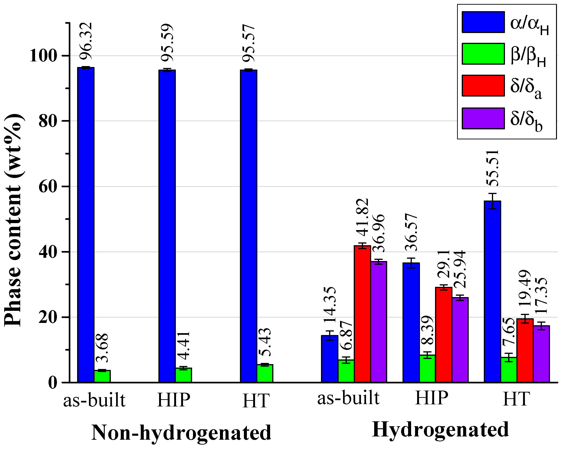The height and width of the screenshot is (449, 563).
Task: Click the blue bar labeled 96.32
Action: [86, 225]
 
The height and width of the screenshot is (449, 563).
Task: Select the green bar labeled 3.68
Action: [102, 376]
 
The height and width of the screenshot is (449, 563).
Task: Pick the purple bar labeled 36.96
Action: [379, 322]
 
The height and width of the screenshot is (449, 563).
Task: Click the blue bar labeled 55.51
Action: [492, 292]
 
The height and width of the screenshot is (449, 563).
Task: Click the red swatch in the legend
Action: [483, 86]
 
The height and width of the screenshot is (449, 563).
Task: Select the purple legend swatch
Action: [483, 118]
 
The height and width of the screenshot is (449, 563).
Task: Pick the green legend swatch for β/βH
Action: [483, 54]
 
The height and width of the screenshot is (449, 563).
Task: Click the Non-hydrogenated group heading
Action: [181, 432]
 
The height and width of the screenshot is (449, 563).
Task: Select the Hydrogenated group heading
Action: [440, 430]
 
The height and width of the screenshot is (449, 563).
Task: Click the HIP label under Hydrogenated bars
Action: [431, 398]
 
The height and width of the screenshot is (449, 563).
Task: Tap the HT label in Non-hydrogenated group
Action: [256, 401]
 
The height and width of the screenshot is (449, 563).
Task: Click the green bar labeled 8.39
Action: [427, 369]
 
